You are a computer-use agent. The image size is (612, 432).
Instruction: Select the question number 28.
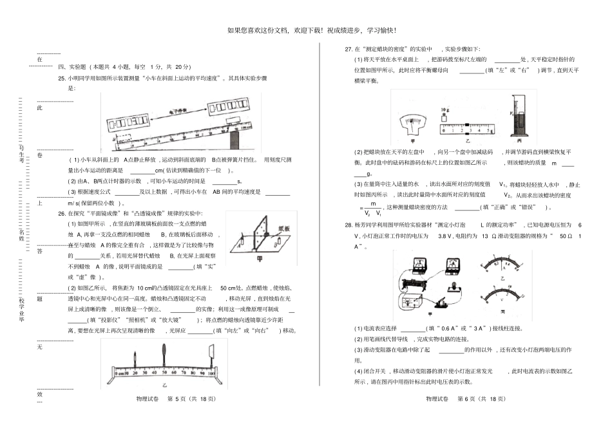(x=349, y=225)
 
